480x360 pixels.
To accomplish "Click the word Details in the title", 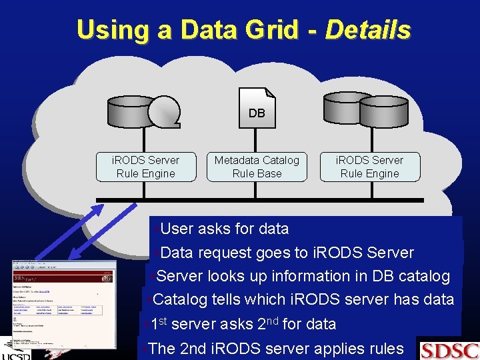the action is tap(367, 30).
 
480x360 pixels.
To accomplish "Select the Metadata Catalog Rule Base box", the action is tap(257, 167).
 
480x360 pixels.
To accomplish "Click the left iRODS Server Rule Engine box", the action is tap(145, 167).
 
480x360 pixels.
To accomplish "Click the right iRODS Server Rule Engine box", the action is tap(369, 167).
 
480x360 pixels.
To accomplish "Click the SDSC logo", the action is tap(449, 349).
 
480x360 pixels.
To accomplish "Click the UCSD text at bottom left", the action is tap(17, 355).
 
